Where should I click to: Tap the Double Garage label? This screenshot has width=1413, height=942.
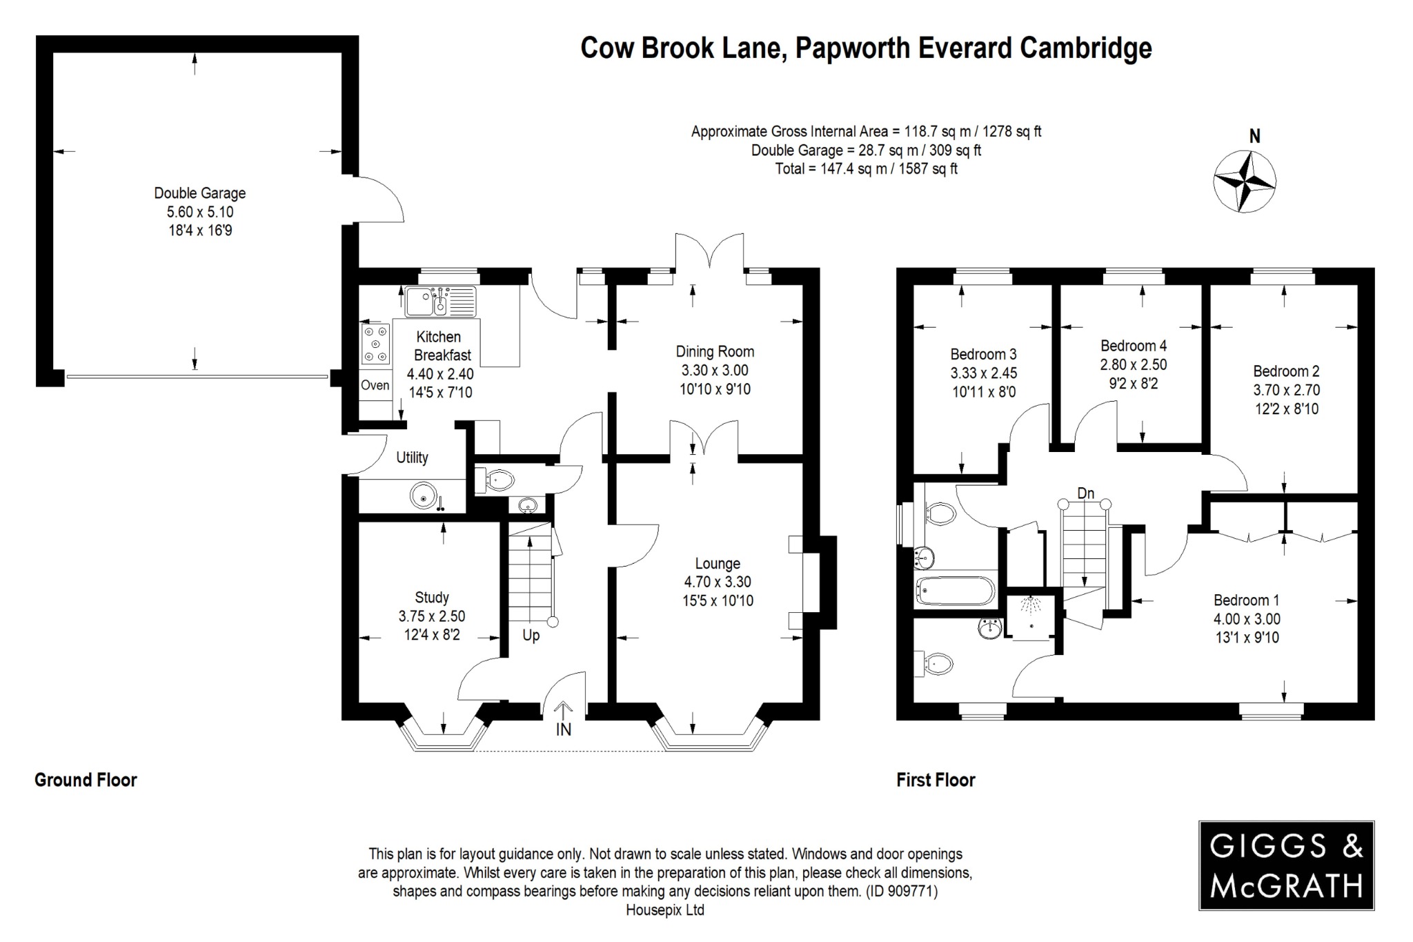[x=199, y=193]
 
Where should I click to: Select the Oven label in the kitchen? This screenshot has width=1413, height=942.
[x=375, y=385]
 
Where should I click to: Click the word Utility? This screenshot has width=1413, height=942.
[x=412, y=458]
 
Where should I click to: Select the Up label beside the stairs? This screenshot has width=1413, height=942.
[x=531, y=635]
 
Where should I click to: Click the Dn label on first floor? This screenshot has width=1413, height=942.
[x=1085, y=493]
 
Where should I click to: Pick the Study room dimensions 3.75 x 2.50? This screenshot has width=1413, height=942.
[x=431, y=616]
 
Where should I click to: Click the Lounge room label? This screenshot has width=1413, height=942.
[x=718, y=563]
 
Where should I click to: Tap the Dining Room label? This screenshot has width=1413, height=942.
[x=715, y=351]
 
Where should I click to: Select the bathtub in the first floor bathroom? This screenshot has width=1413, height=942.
[x=956, y=591]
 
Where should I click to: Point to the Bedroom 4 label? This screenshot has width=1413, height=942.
[x=1134, y=346]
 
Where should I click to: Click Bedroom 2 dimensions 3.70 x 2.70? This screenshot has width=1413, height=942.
[x=1286, y=390]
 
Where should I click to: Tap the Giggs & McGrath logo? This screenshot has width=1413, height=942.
[x=1286, y=865]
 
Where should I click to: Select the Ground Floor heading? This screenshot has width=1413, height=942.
[x=86, y=780]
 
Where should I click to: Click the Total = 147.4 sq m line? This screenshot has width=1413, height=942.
[x=866, y=168]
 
